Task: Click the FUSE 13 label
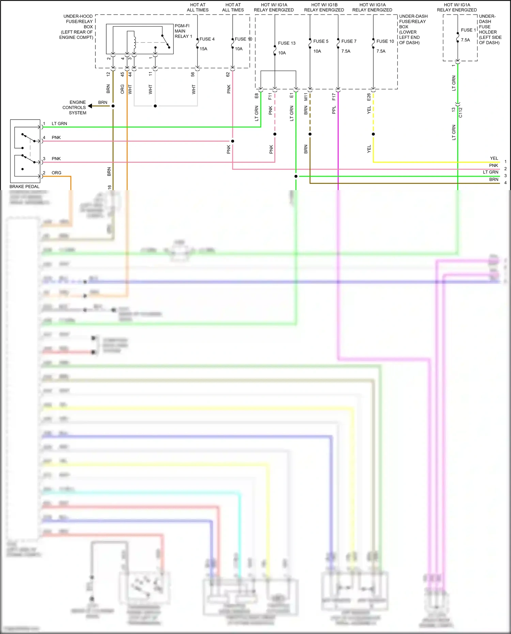tap(287, 43)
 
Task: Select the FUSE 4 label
tap(207, 39)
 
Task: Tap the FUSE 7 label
tap(349, 41)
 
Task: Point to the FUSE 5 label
tap(321, 41)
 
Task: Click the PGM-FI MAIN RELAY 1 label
tap(183, 31)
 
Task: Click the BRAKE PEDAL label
tap(25, 186)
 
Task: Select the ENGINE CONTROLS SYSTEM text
tap(74, 107)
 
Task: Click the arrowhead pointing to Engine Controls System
tap(90, 106)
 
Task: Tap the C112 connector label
tap(460, 112)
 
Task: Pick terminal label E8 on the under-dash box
tap(257, 96)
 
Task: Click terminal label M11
tap(306, 97)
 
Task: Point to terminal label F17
tap(334, 97)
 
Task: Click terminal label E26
tap(369, 97)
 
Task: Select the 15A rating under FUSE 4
tap(203, 49)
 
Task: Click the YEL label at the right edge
tap(494, 158)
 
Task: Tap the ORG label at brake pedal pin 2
tap(56, 173)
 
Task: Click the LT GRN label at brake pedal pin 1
tap(59, 124)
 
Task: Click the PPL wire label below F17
tap(334, 110)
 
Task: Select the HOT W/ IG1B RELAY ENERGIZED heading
tap(324, 7)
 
